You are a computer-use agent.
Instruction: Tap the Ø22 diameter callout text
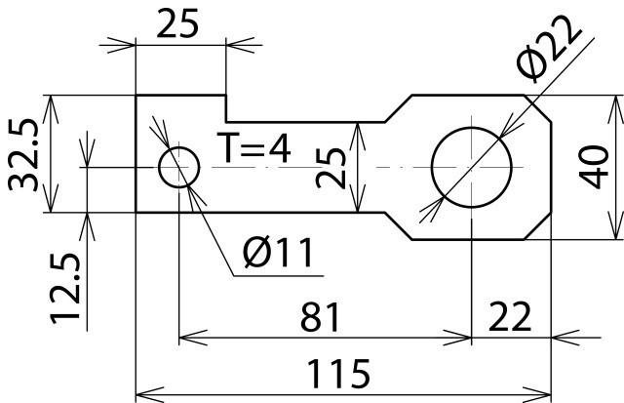tap(553, 54)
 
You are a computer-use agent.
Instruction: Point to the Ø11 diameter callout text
tap(278, 255)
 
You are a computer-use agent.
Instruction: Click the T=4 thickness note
tap(253, 149)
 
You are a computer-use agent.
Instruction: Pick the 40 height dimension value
tap(592, 167)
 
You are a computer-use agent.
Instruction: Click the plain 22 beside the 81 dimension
tap(509, 317)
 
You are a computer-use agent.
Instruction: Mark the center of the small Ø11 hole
tap(179, 168)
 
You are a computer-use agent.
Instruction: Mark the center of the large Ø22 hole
tap(471, 167)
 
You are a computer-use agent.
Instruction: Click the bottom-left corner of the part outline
tap(136, 212)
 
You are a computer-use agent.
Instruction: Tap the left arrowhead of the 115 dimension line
tap(142, 394)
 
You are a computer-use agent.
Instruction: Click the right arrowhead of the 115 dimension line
tap(546, 394)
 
